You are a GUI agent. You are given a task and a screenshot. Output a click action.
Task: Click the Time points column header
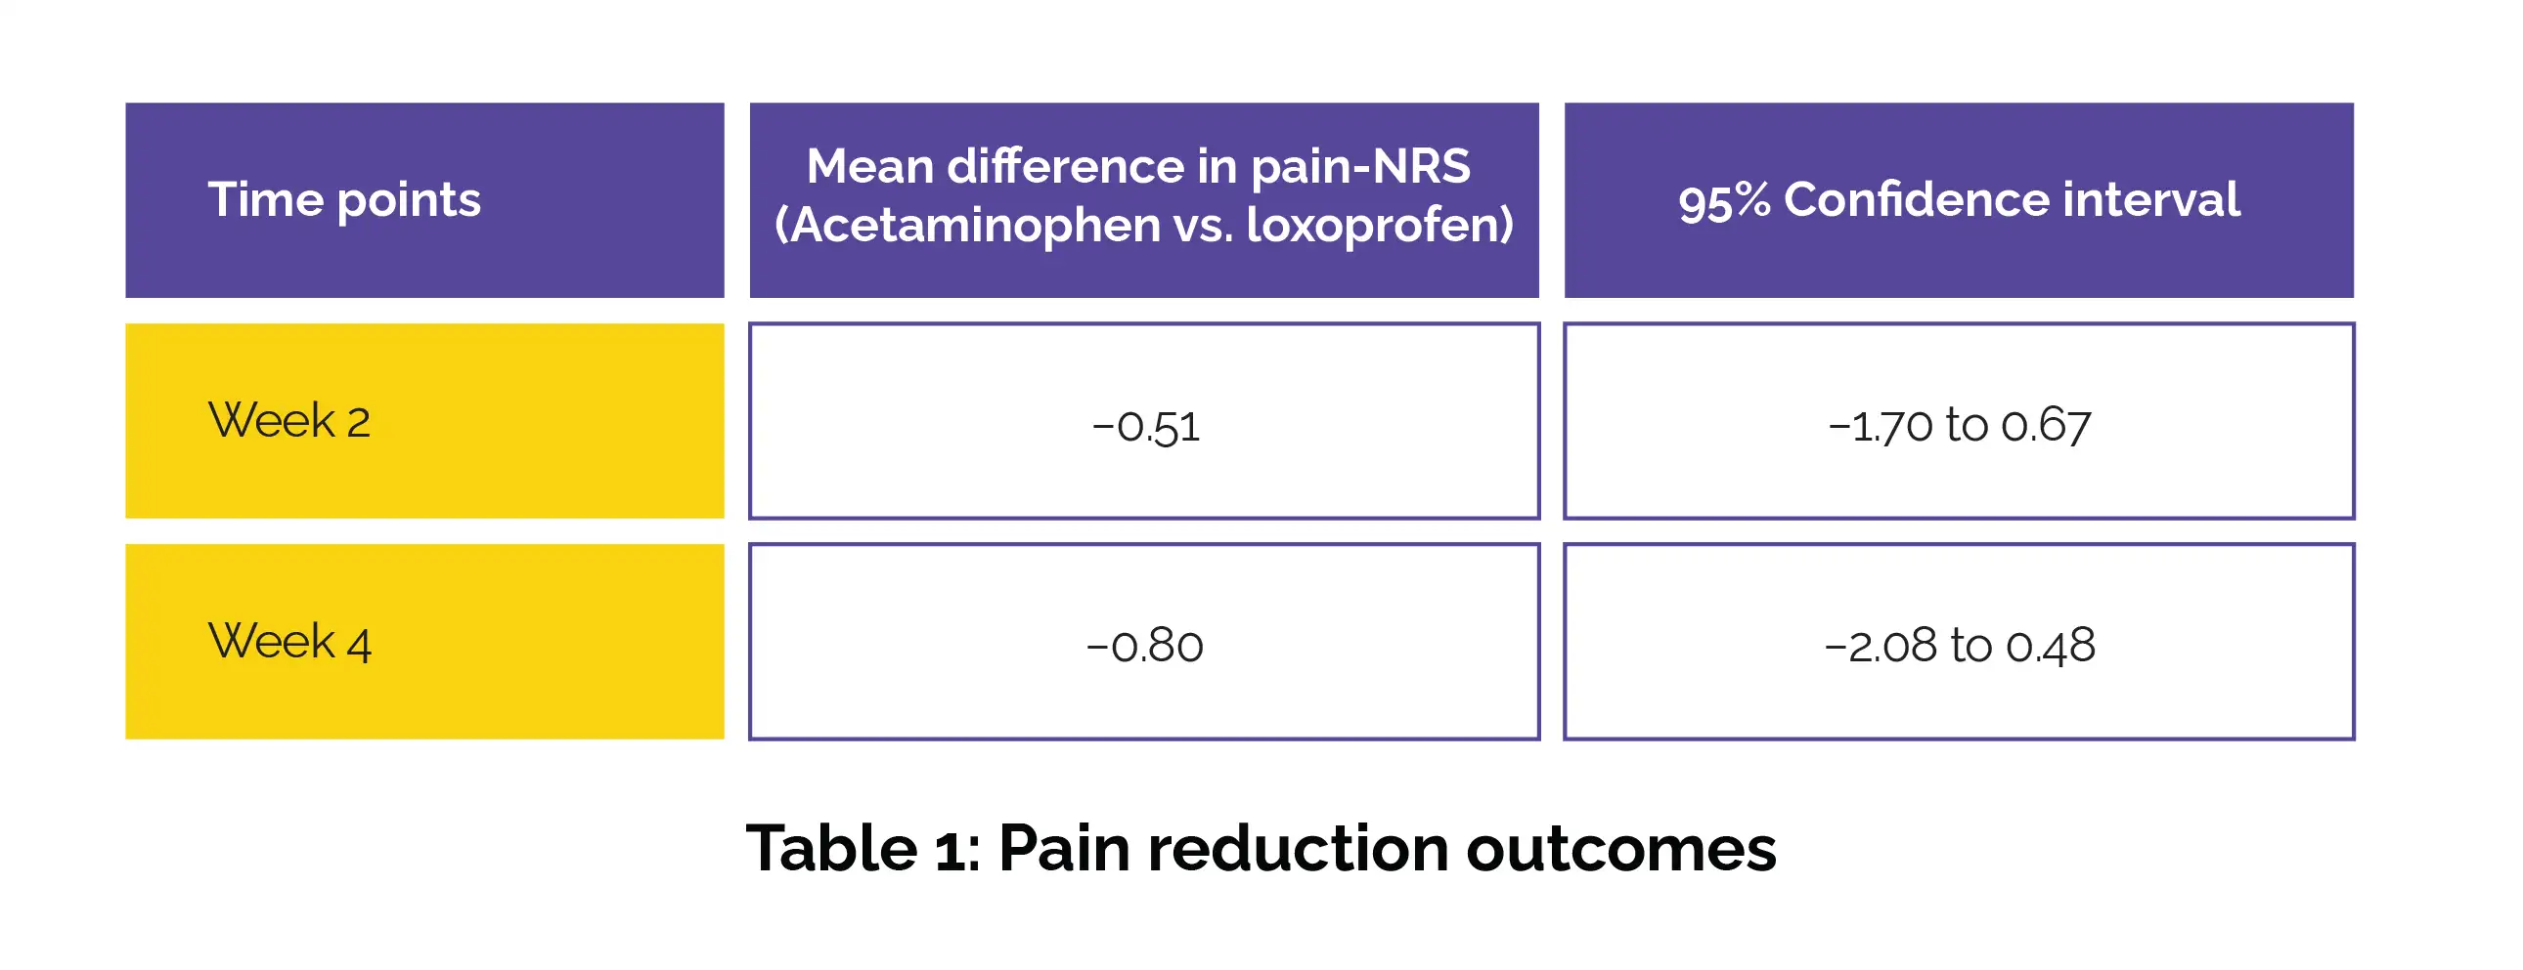click(x=424, y=199)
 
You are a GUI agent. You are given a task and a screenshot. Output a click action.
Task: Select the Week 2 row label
click(x=424, y=421)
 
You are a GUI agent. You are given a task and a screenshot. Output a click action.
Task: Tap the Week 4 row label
click(x=424, y=641)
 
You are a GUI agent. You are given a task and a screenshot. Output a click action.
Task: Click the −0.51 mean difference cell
click(x=1144, y=421)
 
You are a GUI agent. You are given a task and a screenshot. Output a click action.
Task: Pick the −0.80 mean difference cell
click(x=1144, y=641)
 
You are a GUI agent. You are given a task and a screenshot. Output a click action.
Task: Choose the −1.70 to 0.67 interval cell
click(x=1959, y=421)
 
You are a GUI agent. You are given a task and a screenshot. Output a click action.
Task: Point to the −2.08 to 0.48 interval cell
click(x=1959, y=641)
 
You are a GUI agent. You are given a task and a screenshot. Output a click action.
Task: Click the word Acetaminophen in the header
click(x=975, y=225)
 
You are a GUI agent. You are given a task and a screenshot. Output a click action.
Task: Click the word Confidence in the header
click(x=1918, y=199)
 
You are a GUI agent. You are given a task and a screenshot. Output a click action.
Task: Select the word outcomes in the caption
click(x=1621, y=848)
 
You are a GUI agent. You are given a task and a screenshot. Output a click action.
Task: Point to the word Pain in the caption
click(x=1064, y=848)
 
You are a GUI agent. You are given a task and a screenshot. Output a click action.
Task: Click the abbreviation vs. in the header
click(x=1203, y=226)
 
